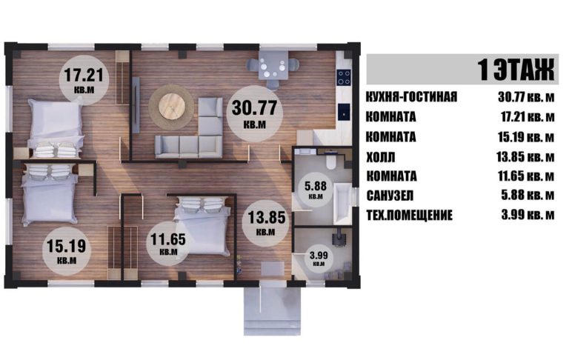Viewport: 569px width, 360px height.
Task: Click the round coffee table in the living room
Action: click(x=171, y=107)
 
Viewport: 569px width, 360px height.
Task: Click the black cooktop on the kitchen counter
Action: click(x=344, y=77)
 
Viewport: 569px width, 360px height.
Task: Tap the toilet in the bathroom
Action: click(x=331, y=161)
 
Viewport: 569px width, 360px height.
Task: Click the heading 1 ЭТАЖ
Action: click(x=516, y=70)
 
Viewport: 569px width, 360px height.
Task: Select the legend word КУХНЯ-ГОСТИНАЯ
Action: click(x=411, y=97)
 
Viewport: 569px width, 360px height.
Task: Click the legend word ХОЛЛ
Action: click(x=381, y=158)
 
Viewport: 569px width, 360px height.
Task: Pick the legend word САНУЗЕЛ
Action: click(x=390, y=196)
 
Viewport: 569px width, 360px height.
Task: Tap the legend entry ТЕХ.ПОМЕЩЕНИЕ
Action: click(x=409, y=216)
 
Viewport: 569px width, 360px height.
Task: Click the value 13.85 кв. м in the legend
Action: click(x=525, y=157)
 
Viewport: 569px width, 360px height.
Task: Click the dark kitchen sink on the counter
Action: click(x=344, y=112)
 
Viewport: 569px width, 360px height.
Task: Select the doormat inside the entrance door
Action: click(x=273, y=269)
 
